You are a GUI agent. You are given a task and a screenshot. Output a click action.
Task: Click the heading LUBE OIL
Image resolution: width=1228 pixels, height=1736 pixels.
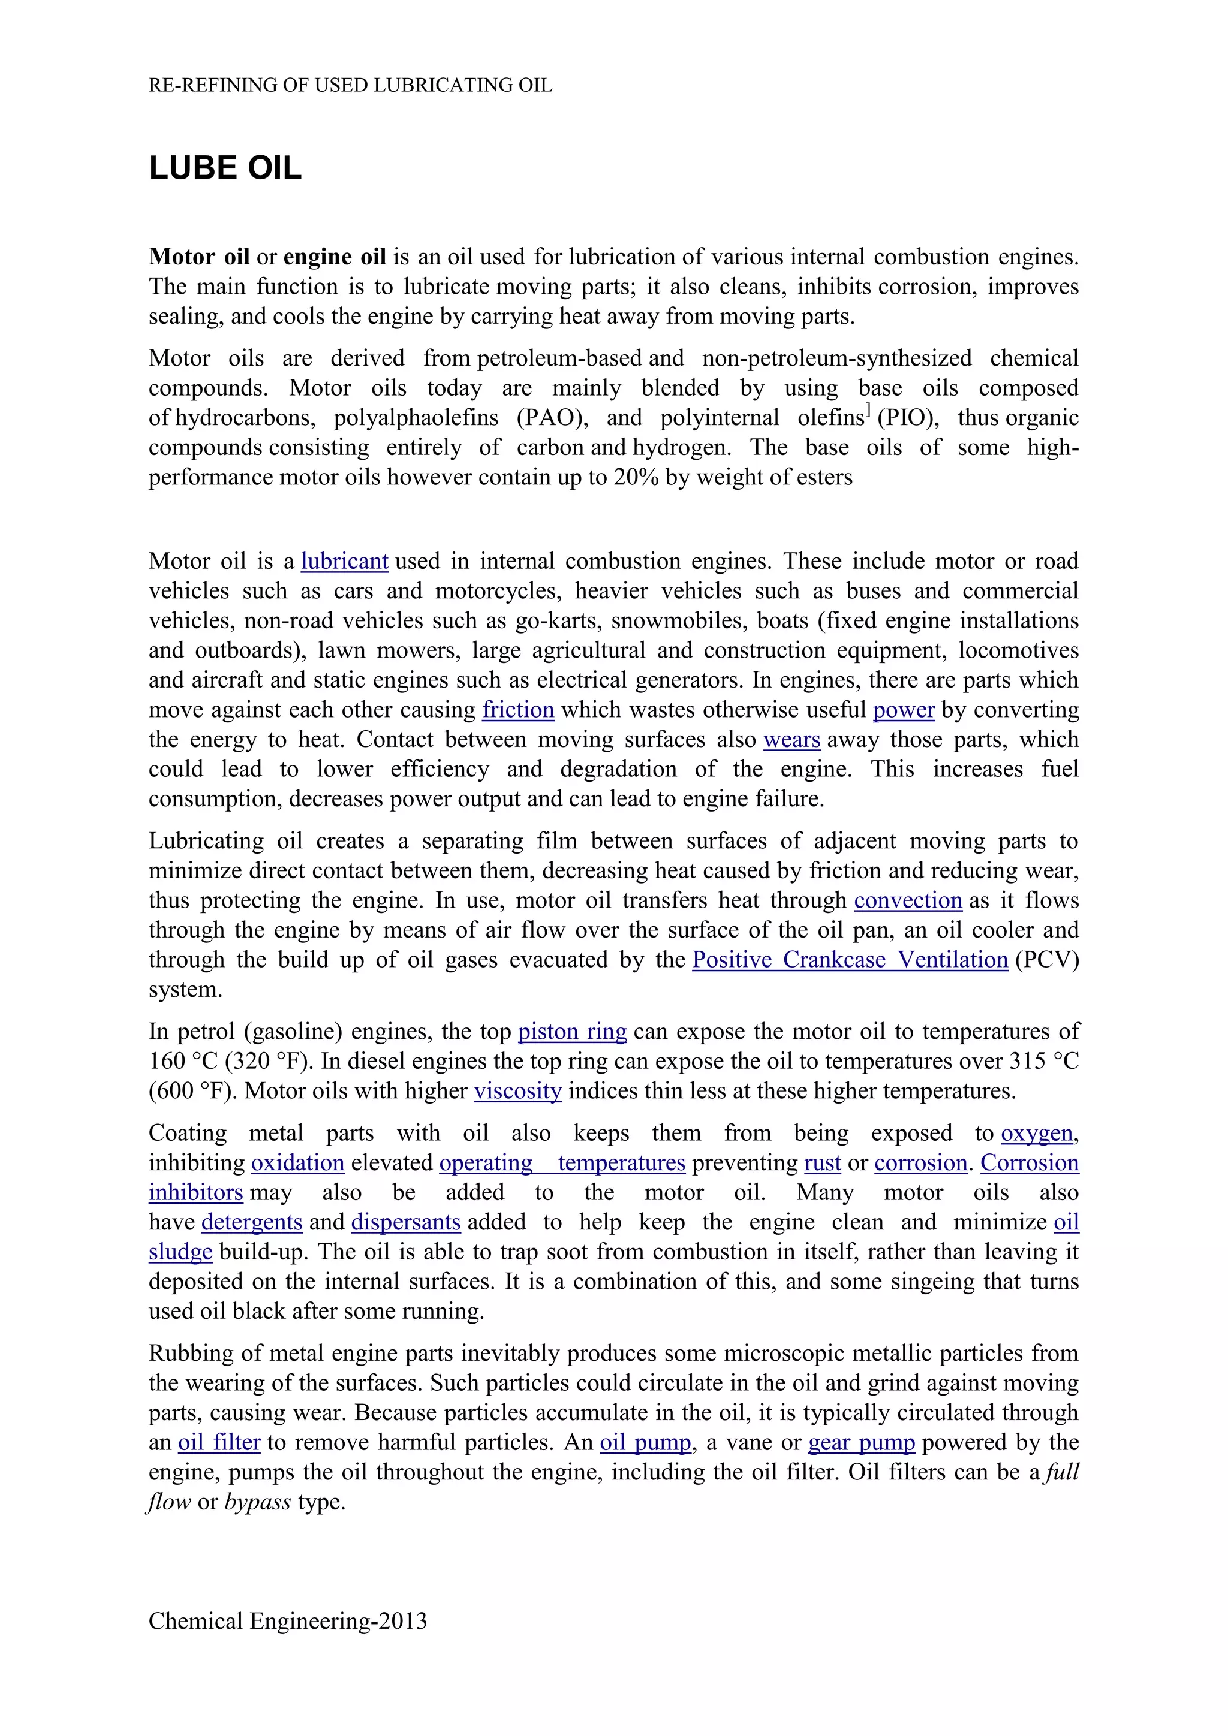point(225,168)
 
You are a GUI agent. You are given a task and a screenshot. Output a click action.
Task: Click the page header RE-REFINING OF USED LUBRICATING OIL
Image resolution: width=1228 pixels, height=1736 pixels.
point(350,85)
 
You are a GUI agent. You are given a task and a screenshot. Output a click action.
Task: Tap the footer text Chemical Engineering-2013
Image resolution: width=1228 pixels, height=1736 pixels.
point(287,1620)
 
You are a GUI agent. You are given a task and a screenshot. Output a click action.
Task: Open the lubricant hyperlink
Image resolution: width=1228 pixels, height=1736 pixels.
point(344,561)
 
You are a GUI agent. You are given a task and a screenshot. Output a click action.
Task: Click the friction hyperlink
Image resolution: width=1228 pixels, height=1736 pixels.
point(518,709)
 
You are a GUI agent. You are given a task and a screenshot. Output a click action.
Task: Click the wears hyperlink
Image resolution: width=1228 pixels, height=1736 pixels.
point(791,740)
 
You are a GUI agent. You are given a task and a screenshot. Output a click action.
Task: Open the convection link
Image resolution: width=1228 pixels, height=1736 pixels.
point(907,900)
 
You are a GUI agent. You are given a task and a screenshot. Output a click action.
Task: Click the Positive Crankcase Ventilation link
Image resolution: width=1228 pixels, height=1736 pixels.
point(849,960)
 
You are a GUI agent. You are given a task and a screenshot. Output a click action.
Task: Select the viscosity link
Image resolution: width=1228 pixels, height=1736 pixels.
point(517,1091)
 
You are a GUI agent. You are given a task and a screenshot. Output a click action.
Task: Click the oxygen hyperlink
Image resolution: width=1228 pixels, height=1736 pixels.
point(1036,1134)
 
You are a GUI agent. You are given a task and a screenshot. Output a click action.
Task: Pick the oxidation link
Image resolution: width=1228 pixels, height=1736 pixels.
point(297,1163)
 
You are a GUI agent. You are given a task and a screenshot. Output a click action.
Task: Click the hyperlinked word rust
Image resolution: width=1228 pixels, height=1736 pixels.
point(822,1163)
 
